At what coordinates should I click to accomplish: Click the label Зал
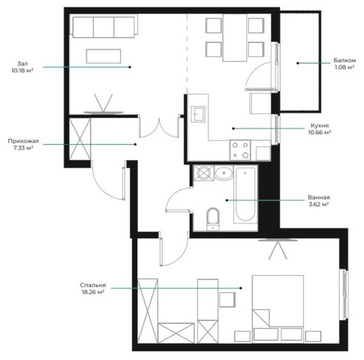click(x=22, y=64)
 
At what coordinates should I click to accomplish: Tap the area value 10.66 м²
click(x=320, y=133)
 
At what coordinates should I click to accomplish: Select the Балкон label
click(x=345, y=61)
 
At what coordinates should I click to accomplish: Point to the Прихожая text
click(x=24, y=141)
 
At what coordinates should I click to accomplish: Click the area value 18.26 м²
click(x=93, y=292)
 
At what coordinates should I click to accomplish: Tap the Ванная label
click(x=318, y=198)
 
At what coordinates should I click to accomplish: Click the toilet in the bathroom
click(x=213, y=219)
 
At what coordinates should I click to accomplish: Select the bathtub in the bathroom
click(x=245, y=195)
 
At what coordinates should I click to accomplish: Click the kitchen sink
click(x=198, y=114)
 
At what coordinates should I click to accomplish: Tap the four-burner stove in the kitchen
click(x=240, y=150)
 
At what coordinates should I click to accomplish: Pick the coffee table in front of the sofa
click(x=104, y=56)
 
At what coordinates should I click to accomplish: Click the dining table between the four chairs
click(x=235, y=38)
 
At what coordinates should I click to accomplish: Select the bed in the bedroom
click(x=278, y=309)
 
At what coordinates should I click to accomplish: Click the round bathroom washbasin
click(x=223, y=173)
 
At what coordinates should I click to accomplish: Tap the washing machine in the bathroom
click(x=204, y=173)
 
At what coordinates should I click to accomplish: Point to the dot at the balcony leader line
click(x=298, y=63)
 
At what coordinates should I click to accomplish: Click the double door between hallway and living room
click(x=159, y=127)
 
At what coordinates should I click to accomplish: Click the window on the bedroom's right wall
click(x=344, y=295)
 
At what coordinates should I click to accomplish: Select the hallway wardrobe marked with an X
click(x=80, y=139)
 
